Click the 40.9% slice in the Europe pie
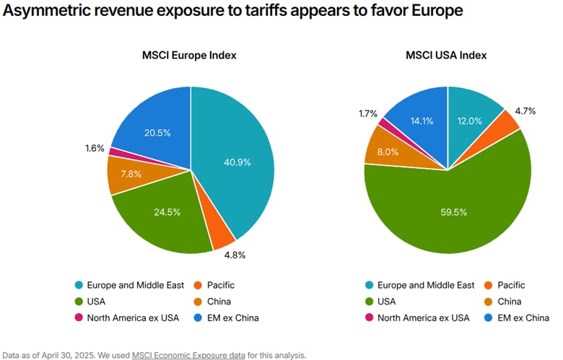click(235, 162)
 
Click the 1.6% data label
click(95, 149)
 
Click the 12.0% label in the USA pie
click(471, 120)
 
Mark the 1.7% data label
click(367, 113)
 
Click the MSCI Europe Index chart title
click(190, 55)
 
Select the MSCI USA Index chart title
click(447, 55)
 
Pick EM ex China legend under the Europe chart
click(229, 317)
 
